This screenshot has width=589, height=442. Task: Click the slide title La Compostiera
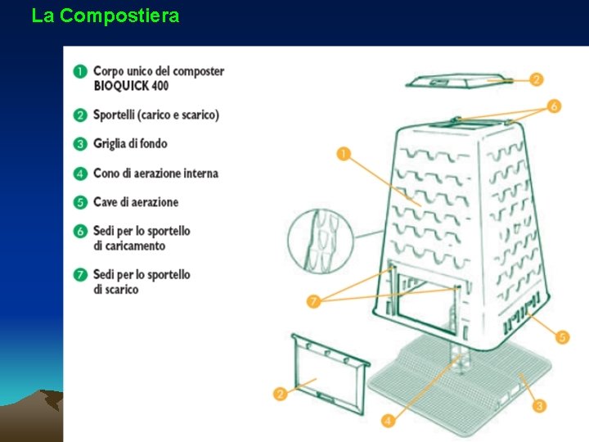tap(105, 16)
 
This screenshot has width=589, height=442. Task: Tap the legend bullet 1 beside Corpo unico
tap(80, 72)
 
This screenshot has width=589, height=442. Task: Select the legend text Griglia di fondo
tap(130, 144)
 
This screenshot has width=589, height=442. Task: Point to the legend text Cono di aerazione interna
tap(155, 174)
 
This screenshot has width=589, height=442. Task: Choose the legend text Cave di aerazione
tap(136, 202)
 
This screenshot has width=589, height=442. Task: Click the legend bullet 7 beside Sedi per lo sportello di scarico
tap(80, 275)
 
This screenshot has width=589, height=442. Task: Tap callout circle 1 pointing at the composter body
tap(344, 152)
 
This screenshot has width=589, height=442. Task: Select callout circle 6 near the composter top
tap(554, 106)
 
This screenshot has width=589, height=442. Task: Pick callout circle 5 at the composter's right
tap(562, 336)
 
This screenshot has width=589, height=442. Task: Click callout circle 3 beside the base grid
tap(539, 405)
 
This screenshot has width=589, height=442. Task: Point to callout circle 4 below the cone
tap(388, 421)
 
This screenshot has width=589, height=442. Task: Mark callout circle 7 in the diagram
tap(313, 301)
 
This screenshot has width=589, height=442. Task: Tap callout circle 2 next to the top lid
tap(536, 79)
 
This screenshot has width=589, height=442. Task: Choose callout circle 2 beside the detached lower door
tap(281, 394)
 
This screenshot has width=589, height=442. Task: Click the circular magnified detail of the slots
tap(321, 240)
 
